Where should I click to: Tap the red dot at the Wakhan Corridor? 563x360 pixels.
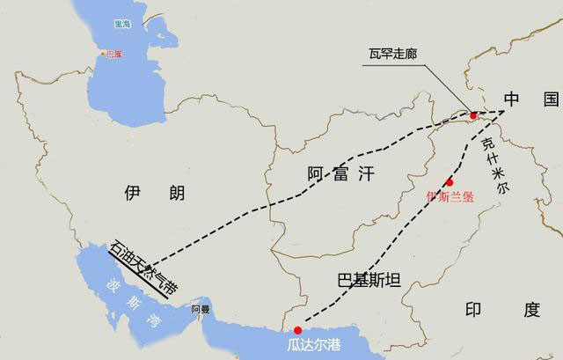[473, 114]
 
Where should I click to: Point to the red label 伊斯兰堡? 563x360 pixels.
[450, 195]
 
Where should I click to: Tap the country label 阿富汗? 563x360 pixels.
[340, 173]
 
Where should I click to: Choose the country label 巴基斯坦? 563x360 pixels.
[369, 281]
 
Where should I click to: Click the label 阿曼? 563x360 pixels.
[201, 310]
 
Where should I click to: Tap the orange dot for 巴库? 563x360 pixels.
[100, 54]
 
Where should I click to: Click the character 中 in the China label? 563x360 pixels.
[513, 99]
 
